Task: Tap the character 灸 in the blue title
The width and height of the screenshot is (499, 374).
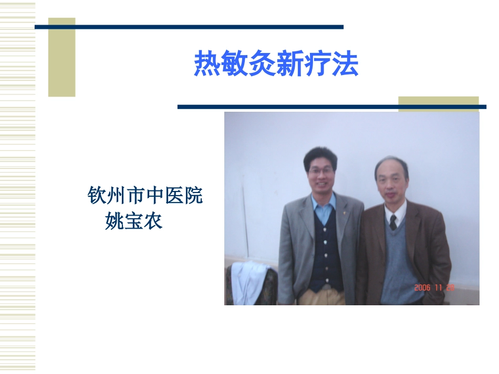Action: point(262,65)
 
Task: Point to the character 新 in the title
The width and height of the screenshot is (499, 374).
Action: point(289,65)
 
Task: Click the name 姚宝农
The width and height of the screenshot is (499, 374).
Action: point(134,221)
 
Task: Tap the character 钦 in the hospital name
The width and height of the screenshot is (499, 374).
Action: point(97,196)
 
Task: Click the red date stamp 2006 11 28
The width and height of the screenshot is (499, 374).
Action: point(434,287)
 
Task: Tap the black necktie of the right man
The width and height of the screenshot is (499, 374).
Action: point(393,222)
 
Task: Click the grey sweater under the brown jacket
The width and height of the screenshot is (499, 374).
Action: point(398,262)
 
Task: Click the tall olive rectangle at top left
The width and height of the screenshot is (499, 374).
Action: point(61,58)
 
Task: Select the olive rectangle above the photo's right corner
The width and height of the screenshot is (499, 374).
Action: point(438,101)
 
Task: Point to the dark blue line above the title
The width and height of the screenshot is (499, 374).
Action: point(189,27)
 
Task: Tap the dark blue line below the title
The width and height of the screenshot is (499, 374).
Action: point(331,107)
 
